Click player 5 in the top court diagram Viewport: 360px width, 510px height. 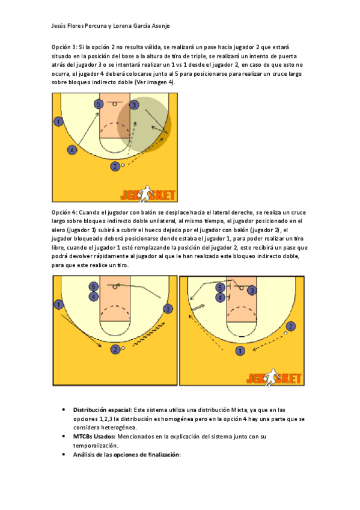click(x=99, y=104)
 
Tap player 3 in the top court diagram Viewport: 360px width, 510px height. click(x=134, y=105)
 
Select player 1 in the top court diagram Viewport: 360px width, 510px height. click(x=58, y=121)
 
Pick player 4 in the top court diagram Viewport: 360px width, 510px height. click(x=72, y=150)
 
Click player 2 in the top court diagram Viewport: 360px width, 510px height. click(x=115, y=167)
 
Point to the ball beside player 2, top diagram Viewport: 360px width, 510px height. click(x=123, y=165)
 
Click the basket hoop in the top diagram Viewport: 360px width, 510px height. click(x=115, y=104)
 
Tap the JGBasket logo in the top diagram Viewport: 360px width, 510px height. click(x=148, y=194)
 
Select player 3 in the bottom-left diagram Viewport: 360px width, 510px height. click(x=168, y=309)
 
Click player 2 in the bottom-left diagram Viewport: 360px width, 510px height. click(x=115, y=349)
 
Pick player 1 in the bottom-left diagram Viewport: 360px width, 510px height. click(x=58, y=305)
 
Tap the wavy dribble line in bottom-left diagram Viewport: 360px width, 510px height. click(x=149, y=334)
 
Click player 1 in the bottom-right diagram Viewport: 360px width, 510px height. click(x=240, y=351)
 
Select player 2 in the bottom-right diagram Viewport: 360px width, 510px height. click(x=290, y=326)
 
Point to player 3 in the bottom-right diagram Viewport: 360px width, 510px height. click(x=252, y=290)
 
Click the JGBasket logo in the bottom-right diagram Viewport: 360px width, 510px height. click(x=274, y=378)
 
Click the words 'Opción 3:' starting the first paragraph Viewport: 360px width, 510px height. click(x=64, y=47)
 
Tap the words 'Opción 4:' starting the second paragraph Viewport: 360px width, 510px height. click(x=64, y=212)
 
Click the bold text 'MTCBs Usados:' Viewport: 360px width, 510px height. click(x=94, y=437)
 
